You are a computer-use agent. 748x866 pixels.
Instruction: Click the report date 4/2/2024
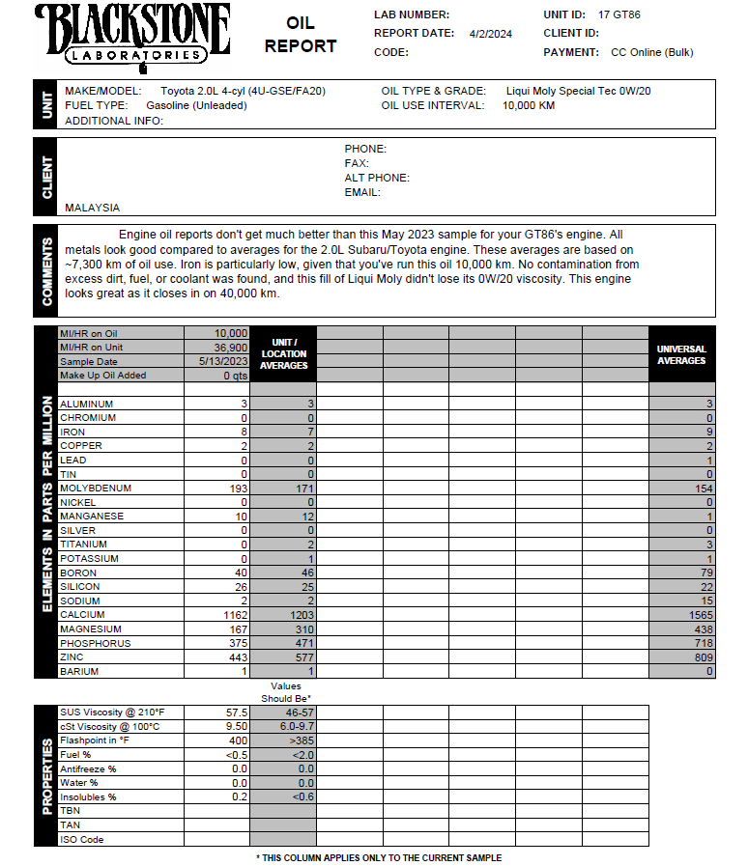(x=491, y=34)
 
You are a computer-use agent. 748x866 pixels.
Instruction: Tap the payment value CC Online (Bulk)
(x=652, y=52)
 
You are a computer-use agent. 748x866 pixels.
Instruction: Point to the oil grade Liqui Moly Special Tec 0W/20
(x=578, y=91)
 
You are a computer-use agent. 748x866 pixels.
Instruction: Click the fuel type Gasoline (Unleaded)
(x=196, y=105)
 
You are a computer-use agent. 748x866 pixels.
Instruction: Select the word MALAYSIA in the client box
(x=93, y=208)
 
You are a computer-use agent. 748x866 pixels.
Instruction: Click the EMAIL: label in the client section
(x=362, y=192)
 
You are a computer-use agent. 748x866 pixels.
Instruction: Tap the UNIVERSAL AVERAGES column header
(x=681, y=354)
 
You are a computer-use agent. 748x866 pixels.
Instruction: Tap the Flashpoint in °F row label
(x=101, y=740)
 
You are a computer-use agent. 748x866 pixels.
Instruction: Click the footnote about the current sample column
(x=378, y=857)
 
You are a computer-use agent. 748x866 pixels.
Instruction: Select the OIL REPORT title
(x=300, y=34)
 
